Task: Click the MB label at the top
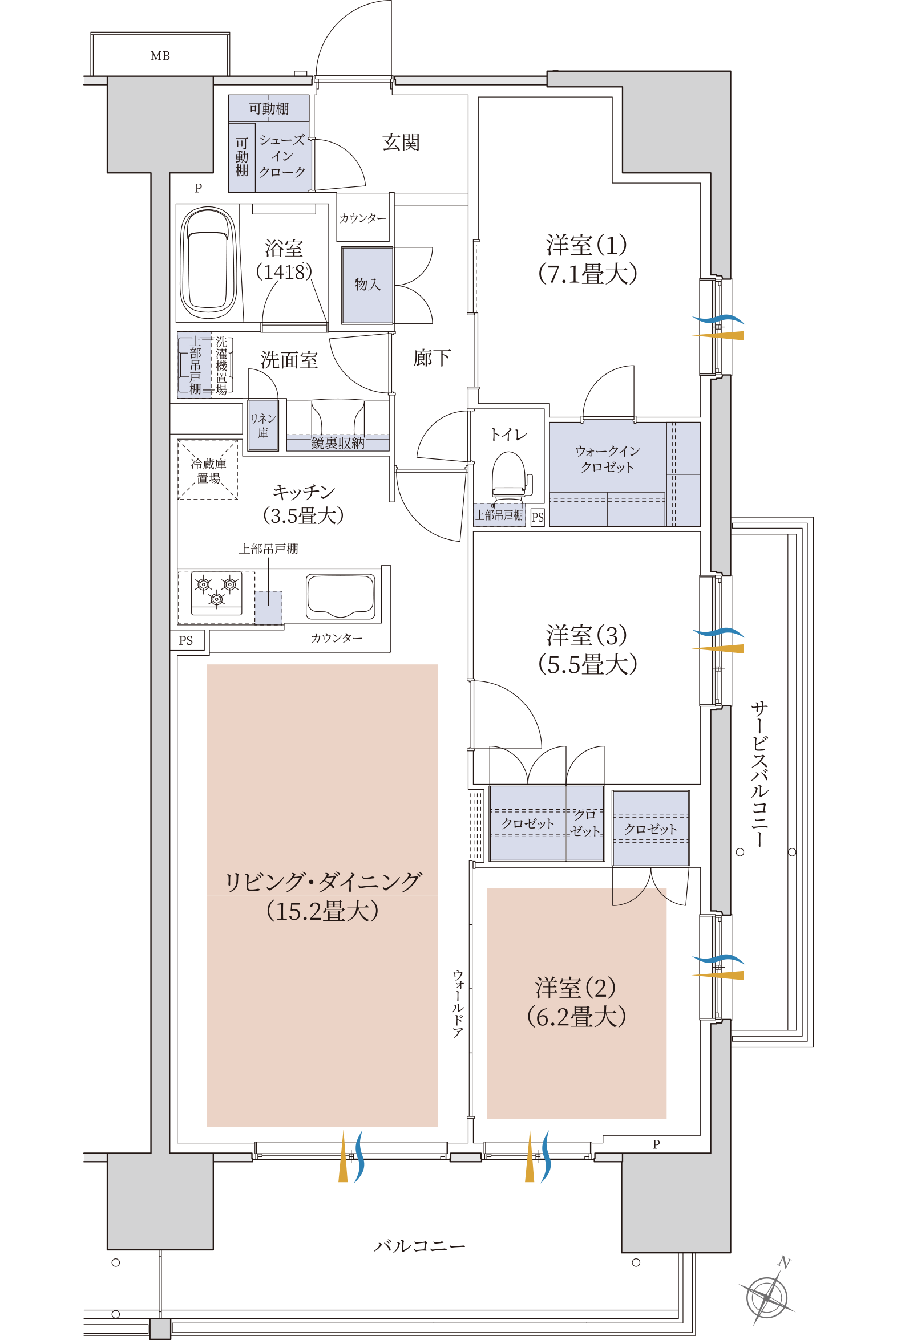(x=160, y=56)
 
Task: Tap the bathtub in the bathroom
(x=208, y=263)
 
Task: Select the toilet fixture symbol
(x=510, y=474)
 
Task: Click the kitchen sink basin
(x=341, y=596)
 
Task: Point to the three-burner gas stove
(x=216, y=594)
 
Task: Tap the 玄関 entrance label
(x=401, y=143)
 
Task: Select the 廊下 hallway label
(x=432, y=358)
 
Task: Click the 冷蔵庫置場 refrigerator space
(x=208, y=469)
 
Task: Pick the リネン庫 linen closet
(x=263, y=425)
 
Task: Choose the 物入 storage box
(x=367, y=285)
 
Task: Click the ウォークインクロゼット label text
(x=607, y=459)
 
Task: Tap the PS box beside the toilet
(x=538, y=517)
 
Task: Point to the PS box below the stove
(x=186, y=640)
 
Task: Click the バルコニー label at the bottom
(x=419, y=1246)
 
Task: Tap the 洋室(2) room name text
(x=576, y=987)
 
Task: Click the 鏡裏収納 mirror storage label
(x=338, y=442)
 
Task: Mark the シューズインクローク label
(x=282, y=156)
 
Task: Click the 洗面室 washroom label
(x=289, y=360)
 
